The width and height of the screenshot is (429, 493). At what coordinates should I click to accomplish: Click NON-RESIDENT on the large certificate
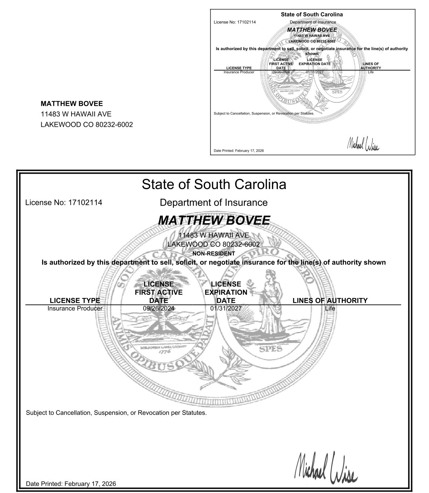pyautogui.click(x=214, y=254)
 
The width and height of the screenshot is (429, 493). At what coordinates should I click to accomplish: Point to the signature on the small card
pyautogui.click(x=363, y=144)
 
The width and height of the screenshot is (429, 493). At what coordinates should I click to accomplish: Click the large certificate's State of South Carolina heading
pyautogui.click(x=214, y=184)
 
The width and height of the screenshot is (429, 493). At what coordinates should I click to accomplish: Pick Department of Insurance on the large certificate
pyautogui.click(x=214, y=202)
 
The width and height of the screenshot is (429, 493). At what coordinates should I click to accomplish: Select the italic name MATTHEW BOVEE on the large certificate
pyautogui.click(x=214, y=220)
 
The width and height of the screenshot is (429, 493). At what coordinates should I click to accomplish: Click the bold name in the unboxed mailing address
pyautogui.click(x=72, y=104)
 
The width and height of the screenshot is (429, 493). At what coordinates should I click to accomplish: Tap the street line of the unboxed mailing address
pyautogui.click(x=76, y=114)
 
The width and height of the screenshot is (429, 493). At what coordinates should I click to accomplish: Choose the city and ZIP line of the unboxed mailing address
pyautogui.click(x=87, y=125)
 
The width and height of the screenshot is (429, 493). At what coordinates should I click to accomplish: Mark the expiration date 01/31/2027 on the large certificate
pyautogui.click(x=226, y=308)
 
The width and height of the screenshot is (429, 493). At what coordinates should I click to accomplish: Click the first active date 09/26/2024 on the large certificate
pyautogui.click(x=158, y=308)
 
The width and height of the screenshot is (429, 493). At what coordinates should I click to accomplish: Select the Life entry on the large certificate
pyautogui.click(x=330, y=308)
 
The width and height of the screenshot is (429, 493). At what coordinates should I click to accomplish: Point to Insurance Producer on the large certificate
pyautogui.click(x=75, y=308)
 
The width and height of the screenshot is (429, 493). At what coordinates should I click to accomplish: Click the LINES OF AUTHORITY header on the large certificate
pyautogui.click(x=330, y=300)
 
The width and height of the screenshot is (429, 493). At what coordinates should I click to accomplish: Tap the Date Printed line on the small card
pyautogui.click(x=239, y=151)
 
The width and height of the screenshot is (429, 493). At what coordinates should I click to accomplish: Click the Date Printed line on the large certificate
pyautogui.click(x=71, y=484)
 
